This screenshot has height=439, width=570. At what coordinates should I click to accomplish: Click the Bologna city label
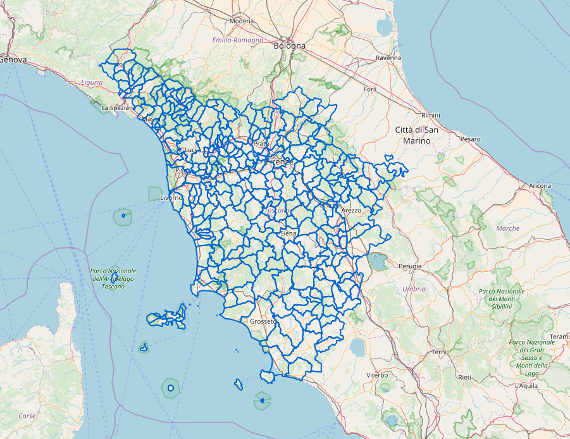click(x=289, y=46)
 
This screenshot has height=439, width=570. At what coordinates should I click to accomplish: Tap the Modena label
click(x=241, y=21)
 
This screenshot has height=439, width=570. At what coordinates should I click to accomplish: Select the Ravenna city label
click(x=388, y=58)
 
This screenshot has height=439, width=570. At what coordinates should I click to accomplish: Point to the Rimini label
click(x=430, y=115)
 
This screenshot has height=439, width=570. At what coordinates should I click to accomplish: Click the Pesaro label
click(x=470, y=139)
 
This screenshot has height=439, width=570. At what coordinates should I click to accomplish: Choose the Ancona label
click(x=540, y=186)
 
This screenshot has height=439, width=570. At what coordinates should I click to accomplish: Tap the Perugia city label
click(x=410, y=266)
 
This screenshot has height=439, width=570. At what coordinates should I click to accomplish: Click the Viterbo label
click(x=377, y=375)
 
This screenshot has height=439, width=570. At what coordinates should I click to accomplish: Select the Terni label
click(x=438, y=352)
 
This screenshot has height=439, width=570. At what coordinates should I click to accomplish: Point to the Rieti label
click(x=465, y=377)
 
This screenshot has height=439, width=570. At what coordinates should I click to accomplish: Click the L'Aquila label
click(x=526, y=385)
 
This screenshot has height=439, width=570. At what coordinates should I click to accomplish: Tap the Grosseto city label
click(x=263, y=321)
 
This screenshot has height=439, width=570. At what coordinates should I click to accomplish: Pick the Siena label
click(x=288, y=233)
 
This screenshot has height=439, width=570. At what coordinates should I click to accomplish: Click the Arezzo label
click(x=350, y=210)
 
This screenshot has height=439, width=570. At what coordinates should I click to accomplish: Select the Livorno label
click(x=171, y=198)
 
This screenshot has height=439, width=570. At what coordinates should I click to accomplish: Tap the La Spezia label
click(x=115, y=108)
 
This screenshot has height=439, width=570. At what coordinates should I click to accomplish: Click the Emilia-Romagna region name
click(x=237, y=40)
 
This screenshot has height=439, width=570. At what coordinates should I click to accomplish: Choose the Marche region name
click(x=508, y=228)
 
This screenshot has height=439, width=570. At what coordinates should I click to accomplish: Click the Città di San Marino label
click(x=416, y=135)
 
